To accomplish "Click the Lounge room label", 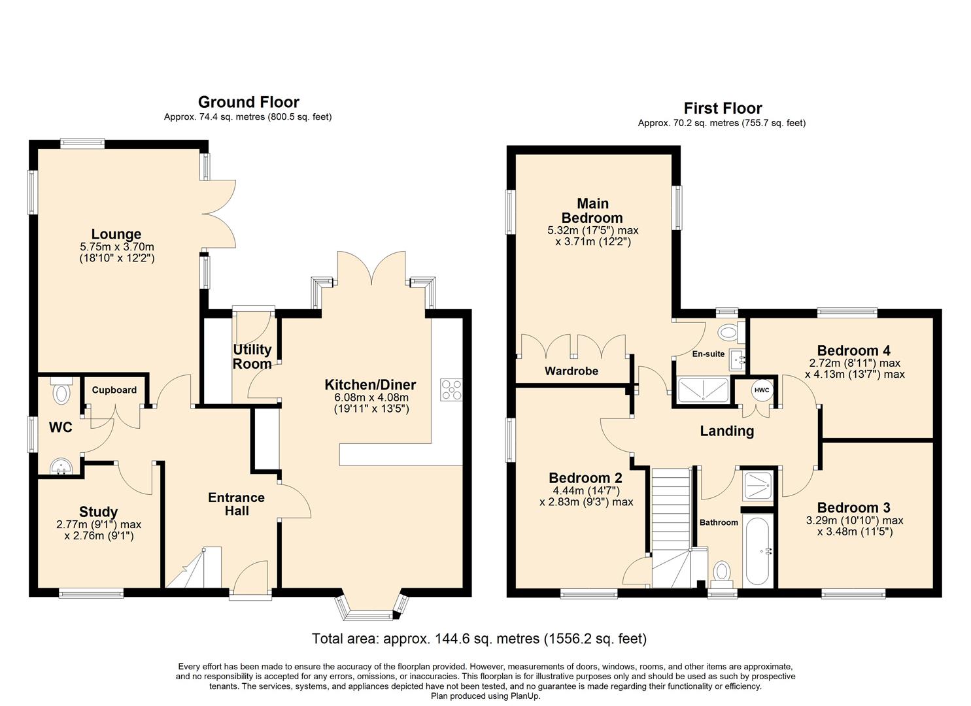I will (x=116, y=234).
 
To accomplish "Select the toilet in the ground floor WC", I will (x=62, y=390).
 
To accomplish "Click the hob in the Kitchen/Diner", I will (x=451, y=390).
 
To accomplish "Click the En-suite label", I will (x=708, y=354).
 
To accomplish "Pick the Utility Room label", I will (x=252, y=356).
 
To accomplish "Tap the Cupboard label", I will (x=114, y=390).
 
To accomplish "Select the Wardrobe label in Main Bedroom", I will (x=571, y=371).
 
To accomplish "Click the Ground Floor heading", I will (x=248, y=102).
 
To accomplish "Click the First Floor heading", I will (x=723, y=108).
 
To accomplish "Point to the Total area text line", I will (x=479, y=639).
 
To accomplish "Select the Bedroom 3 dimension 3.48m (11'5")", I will (x=855, y=531).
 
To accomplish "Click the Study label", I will (x=98, y=512).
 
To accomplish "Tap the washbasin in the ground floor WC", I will (x=62, y=465).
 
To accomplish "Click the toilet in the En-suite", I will (x=727, y=333).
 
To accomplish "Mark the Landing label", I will (x=726, y=431).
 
